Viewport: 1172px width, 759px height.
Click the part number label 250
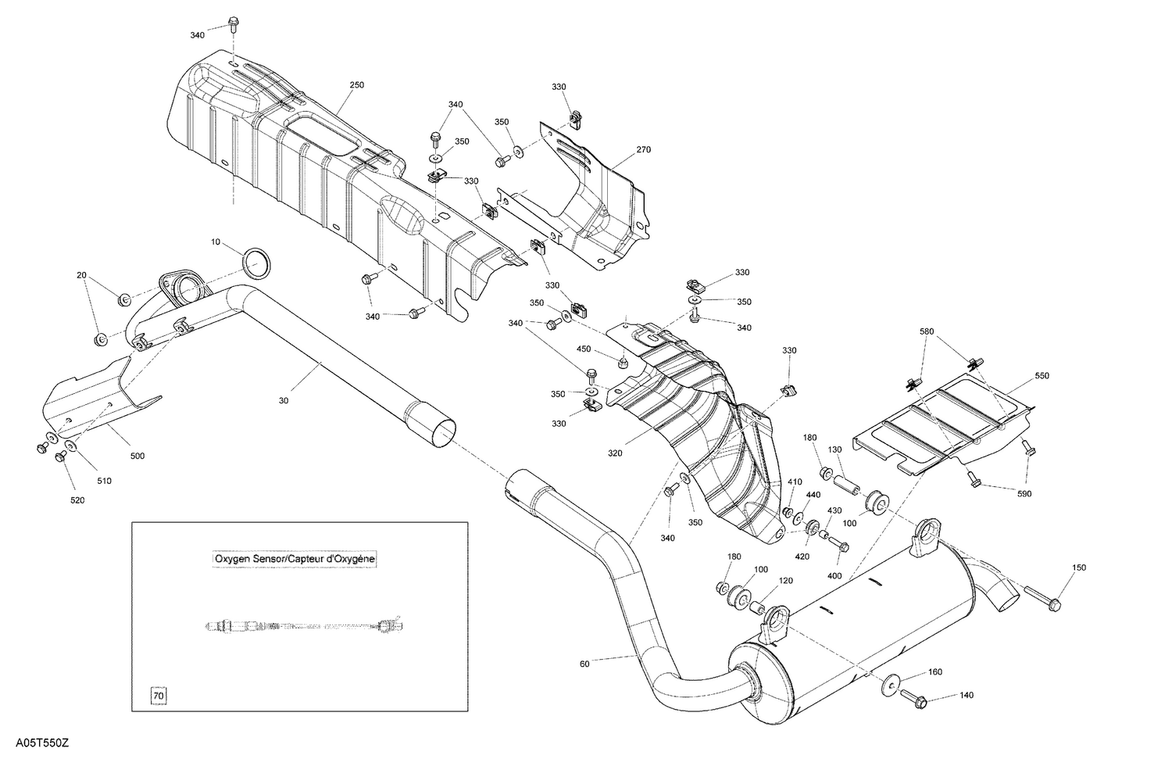(x=357, y=84)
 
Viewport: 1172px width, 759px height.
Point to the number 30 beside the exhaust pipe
(x=283, y=401)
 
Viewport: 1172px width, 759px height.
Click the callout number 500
(x=138, y=456)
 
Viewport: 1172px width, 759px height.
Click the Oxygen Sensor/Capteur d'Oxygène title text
(x=295, y=559)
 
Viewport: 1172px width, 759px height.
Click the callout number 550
(x=1042, y=376)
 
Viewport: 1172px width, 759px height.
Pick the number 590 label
(x=1024, y=494)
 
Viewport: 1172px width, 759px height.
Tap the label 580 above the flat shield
(x=927, y=331)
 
